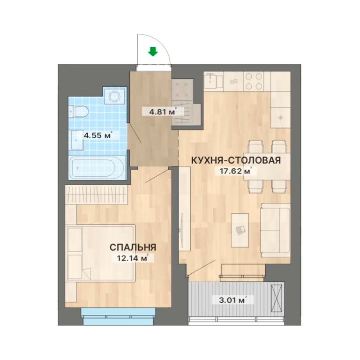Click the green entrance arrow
coord(153,52)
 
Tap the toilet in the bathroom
coord(79,112)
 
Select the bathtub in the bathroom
coord(97,167)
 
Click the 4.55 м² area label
coord(98,135)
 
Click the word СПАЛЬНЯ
coord(133,247)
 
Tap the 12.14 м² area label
coord(133,258)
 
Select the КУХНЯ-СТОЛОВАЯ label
coord(236,160)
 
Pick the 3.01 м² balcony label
coord(233,300)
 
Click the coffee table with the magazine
coord(240,230)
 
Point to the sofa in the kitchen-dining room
coord(275,230)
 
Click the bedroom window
coord(118,316)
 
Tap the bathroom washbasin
coord(77,140)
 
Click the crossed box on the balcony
coord(277,298)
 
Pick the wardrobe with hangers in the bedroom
coord(96,195)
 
